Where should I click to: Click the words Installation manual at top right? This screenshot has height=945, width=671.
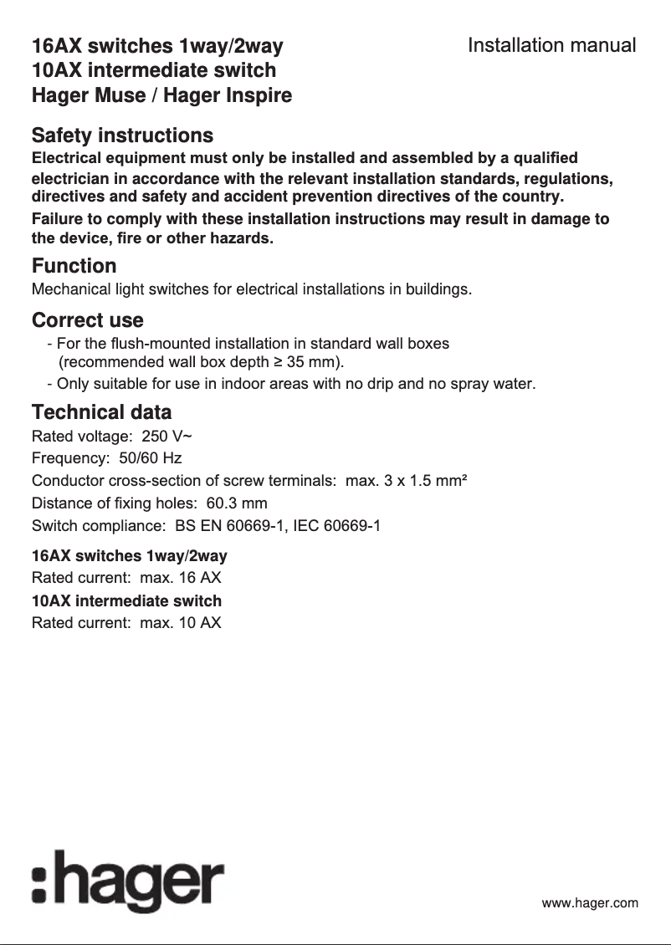pyautogui.click(x=551, y=45)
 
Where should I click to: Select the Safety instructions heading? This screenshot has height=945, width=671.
pyautogui.click(x=122, y=135)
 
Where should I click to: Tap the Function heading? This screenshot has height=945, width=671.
pyautogui.click(x=74, y=266)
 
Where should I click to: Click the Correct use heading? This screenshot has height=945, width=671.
pyautogui.click(x=87, y=320)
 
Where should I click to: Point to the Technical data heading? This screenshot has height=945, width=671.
pyautogui.click(x=101, y=412)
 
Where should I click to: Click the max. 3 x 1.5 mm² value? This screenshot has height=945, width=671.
pyautogui.click(x=406, y=481)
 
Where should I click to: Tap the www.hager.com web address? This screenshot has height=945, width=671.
pyautogui.click(x=590, y=903)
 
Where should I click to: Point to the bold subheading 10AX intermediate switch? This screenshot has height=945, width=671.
pyautogui.click(x=126, y=601)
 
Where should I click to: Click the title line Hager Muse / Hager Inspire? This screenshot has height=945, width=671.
pyautogui.click(x=161, y=95)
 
